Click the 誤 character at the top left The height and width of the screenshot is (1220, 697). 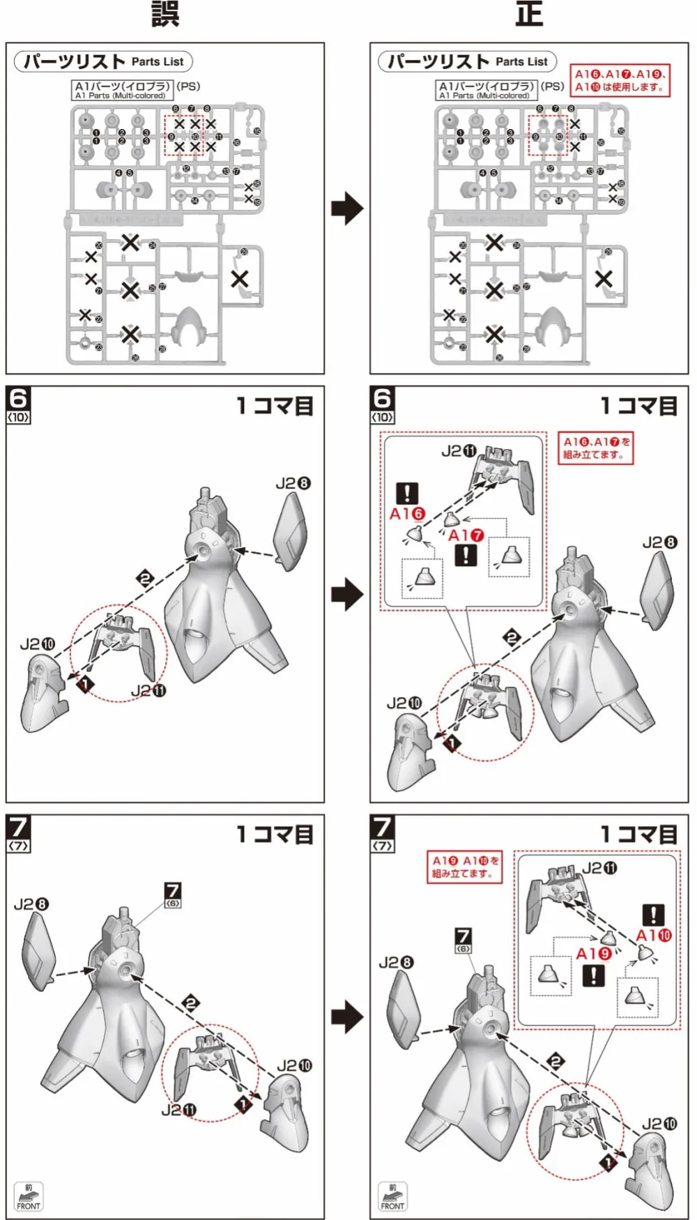(165, 14)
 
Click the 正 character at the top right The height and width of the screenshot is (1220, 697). (529, 14)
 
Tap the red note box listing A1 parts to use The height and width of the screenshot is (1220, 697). (620, 81)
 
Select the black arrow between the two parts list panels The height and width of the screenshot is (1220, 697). (347, 208)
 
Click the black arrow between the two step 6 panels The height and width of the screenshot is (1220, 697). (347, 595)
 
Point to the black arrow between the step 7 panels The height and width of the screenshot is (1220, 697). (347, 1017)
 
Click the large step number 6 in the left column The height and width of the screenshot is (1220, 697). (18, 399)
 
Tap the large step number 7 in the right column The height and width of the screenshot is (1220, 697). (382, 828)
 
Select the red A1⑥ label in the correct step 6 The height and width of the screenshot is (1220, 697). (407, 514)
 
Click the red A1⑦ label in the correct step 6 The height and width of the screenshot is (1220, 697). (466, 535)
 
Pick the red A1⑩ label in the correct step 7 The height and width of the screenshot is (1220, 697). (654, 936)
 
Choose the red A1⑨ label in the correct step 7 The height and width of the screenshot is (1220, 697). (593, 954)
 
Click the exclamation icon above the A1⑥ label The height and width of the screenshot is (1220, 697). (407, 494)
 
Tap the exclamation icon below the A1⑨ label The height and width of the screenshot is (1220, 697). (593, 975)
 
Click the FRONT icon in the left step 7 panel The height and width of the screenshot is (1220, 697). (29, 1196)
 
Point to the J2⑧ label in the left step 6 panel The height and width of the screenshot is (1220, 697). (293, 483)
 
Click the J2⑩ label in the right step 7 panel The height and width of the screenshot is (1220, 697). (659, 1124)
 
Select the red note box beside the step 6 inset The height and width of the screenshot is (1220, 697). (595, 448)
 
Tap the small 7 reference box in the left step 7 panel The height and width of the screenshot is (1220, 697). (172, 894)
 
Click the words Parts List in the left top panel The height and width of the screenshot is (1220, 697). (158, 61)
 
